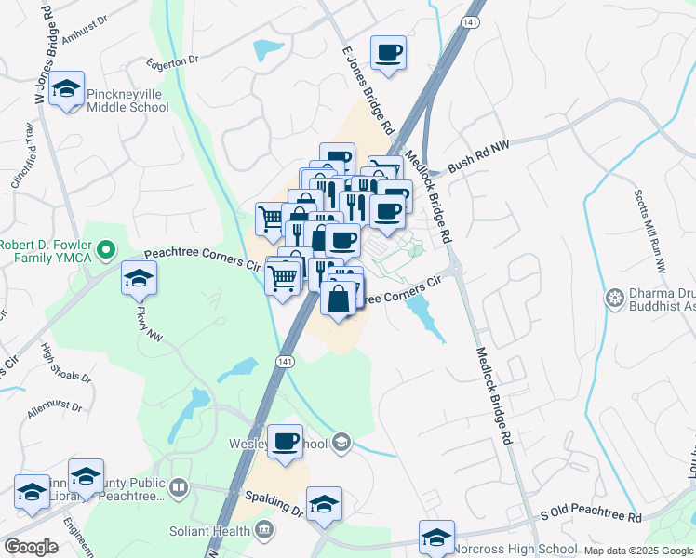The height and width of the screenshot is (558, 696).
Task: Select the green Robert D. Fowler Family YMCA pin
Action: [106, 249]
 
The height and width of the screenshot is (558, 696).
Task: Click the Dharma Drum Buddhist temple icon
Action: [613, 299]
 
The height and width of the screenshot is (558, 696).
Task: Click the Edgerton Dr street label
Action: [173, 60]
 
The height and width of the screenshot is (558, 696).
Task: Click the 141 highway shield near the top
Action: [474, 21]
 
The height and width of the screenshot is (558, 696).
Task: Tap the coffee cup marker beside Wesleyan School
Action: [286, 441]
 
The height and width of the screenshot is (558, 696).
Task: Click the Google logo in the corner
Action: [31, 547]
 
